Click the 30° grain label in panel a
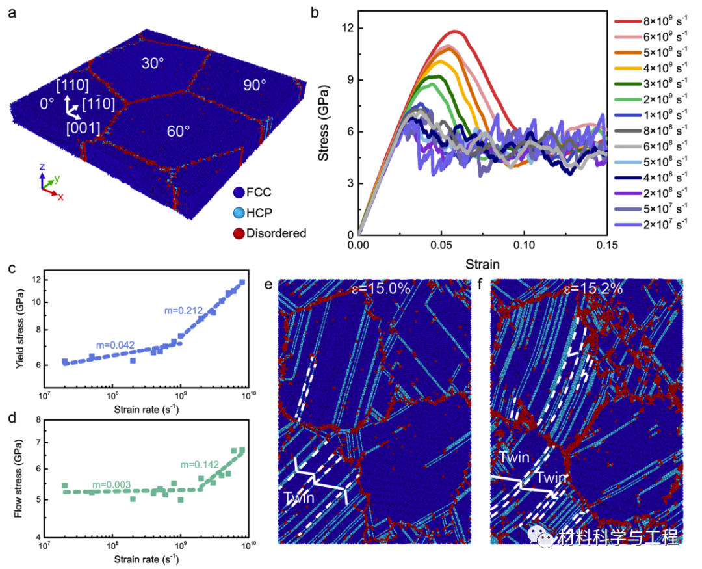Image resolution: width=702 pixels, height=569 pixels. pyautogui.click(x=153, y=64)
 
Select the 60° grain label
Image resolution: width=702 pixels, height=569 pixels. pyautogui.click(x=178, y=130)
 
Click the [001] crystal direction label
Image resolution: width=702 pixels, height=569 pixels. pyautogui.click(x=83, y=128)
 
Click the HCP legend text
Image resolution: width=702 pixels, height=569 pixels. pyautogui.click(x=268, y=213)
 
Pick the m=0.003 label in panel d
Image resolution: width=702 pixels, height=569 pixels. pyautogui.click(x=112, y=484)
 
